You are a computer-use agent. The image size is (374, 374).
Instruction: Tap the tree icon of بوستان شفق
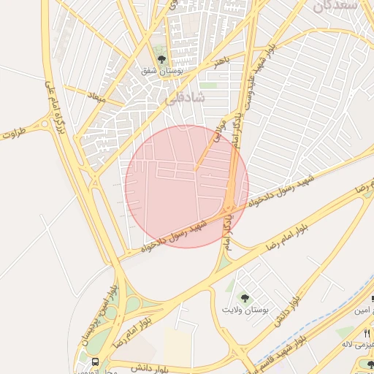[161, 60]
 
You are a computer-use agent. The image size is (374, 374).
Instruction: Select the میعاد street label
[96, 96]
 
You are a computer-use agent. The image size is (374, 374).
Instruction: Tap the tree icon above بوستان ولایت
[244, 297]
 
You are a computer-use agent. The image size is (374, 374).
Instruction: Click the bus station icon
[96, 362]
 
